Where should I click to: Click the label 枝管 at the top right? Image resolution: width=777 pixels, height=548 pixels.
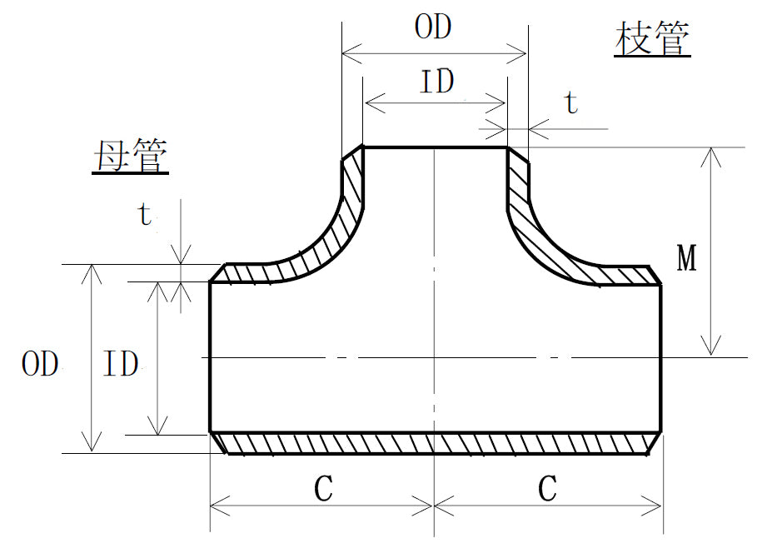click(x=652, y=39)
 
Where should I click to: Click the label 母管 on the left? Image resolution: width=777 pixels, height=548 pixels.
click(x=129, y=156)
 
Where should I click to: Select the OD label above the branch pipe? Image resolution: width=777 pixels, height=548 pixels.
click(x=433, y=27)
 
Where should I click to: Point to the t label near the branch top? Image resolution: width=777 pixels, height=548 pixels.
click(x=570, y=103)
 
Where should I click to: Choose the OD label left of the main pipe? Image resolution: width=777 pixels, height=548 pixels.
click(x=40, y=364)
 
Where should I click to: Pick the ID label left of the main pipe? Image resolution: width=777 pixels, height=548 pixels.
click(x=119, y=364)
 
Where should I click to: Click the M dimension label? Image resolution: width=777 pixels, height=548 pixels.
click(x=686, y=260)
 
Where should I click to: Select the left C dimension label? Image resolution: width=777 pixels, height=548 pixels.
click(x=323, y=490)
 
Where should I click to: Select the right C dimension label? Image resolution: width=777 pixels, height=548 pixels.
click(x=546, y=490)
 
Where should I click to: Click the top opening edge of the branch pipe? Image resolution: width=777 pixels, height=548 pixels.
click(x=435, y=147)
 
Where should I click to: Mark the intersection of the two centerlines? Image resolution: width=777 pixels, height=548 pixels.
click(x=435, y=357)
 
